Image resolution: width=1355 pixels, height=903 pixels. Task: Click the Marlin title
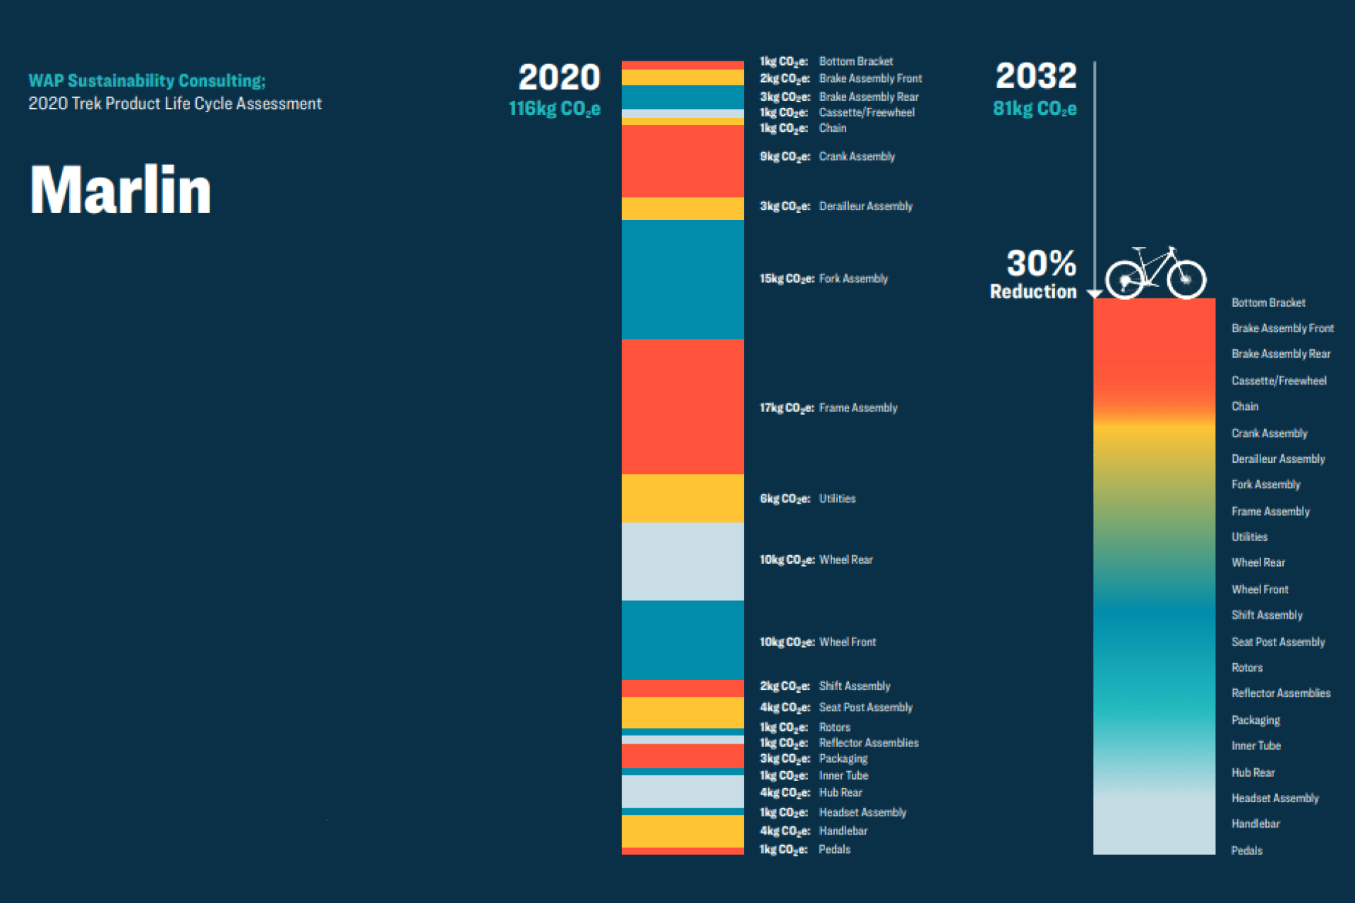[120, 190]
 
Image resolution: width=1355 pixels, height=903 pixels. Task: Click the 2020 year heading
[559, 78]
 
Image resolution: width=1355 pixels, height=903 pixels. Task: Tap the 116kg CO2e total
[555, 109]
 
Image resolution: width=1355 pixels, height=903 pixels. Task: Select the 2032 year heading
[1036, 76]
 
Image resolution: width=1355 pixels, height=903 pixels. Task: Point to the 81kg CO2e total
[1035, 109]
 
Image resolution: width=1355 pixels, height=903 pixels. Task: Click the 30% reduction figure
[1040, 264]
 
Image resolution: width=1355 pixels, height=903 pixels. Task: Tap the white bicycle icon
[1155, 273]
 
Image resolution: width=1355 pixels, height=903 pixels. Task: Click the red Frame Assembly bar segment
[682, 406]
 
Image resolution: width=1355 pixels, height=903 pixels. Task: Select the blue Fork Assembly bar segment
[682, 279]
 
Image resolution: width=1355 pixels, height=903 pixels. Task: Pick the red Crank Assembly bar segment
[682, 161]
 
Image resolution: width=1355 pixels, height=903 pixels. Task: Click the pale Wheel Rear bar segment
[682, 561]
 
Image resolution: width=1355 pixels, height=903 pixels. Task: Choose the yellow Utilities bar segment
[682, 498]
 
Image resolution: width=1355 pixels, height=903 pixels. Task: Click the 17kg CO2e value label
[786, 408]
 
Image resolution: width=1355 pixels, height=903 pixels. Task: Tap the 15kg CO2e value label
[786, 279]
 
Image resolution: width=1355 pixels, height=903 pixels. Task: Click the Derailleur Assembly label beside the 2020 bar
[865, 206]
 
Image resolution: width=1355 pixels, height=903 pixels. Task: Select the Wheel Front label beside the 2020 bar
[847, 642]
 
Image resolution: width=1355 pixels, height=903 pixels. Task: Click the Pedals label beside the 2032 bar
[1246, 850]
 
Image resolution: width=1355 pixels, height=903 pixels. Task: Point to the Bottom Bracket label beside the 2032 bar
[1268, 303]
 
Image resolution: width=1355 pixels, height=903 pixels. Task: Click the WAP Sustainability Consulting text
[147, 81]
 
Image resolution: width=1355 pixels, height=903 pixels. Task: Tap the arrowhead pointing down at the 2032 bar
[1095, 293]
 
